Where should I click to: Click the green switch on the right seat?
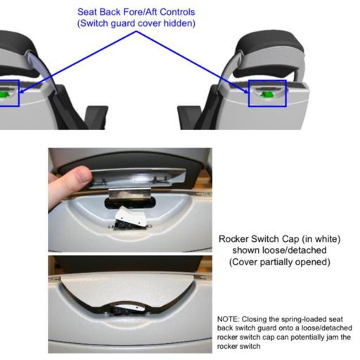[x=266, y=94]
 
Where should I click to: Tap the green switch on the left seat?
[x=4, y=94]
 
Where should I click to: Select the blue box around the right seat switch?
[x=267, y=80]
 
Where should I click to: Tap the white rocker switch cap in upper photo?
[x=131, y=217]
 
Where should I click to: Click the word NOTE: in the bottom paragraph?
[x=229, y=319]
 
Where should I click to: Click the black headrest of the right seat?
[x=271, y=44]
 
